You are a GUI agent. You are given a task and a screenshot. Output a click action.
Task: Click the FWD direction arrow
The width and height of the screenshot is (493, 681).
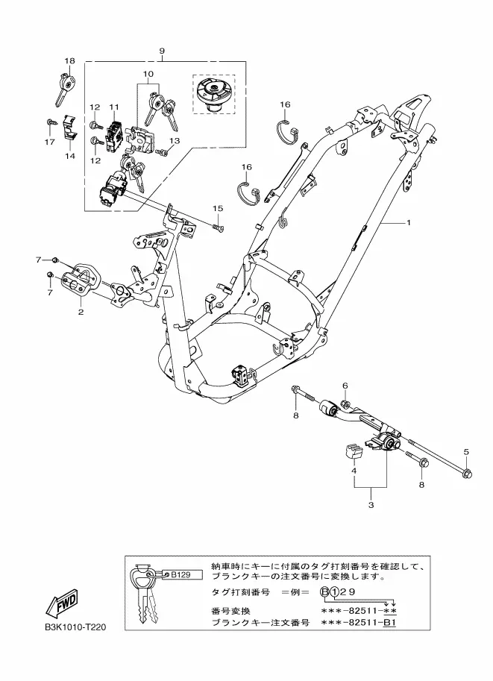pyautogui.click(x=62, y=606)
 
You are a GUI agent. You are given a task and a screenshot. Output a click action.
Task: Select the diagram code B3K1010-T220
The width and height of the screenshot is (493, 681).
pyautogui.click(x=75, y=627)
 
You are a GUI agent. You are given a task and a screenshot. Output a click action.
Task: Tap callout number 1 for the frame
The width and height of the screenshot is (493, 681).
pyautogui.click(x=408, y=222)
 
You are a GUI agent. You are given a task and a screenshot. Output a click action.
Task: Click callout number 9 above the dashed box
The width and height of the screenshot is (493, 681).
pyautogui.click(x=162, y=51)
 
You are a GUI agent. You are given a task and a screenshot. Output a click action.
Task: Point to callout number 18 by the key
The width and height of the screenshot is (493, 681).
pyautogui.click(x=69, y=61)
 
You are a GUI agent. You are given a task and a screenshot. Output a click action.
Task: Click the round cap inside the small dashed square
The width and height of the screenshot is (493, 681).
pyautogui.click(x=214, y=94)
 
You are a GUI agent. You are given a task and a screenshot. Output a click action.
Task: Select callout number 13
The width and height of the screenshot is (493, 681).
pyautogui.click(x=175, y=141)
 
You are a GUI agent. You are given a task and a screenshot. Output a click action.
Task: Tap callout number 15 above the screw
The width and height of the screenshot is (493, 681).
pyautogui.click(x=218, y=208)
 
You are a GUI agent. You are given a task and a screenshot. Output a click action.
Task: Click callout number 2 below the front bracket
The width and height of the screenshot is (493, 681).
pyautogui.click(x=81, y=312)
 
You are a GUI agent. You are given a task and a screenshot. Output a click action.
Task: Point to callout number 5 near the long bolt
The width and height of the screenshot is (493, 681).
pyautogui.click(x=466, y=452)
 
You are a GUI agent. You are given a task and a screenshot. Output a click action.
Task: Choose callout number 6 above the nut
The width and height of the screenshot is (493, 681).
pyautogui.click(x=345, y=385)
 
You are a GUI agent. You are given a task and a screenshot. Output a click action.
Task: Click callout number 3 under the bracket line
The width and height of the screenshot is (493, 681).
pyautogui.click(x=371, y=505)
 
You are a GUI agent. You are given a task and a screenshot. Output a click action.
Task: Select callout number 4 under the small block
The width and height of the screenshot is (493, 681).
pyautogui.click(x=354, y=471)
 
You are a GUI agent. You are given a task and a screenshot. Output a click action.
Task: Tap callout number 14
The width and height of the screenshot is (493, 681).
pyautogui.click(x=70, y=156)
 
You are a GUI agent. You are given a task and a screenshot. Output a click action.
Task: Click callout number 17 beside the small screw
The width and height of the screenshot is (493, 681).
pyautogui.click(x=49, y=142)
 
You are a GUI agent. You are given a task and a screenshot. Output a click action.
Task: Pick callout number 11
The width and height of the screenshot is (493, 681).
pyautogui.click(x=114, y=107)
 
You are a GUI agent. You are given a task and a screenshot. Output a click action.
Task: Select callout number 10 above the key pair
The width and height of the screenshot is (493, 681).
pyautogui.click(x=148, y=74)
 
